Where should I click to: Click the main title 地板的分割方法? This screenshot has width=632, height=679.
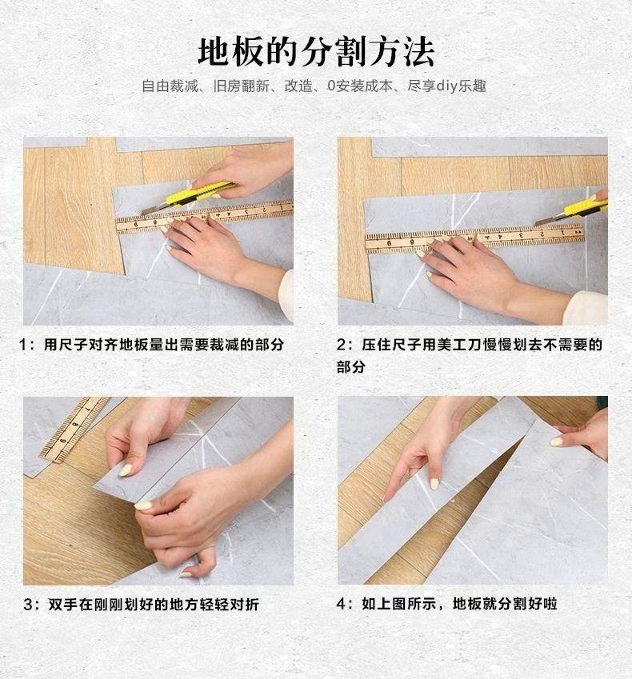316,53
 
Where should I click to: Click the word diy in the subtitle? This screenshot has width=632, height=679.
446,86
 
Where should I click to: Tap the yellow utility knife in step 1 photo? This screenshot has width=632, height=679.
190,198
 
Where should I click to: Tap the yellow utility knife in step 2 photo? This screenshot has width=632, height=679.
572,212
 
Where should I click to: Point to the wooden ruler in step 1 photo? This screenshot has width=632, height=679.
204,217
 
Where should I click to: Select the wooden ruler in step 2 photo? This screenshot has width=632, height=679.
474,238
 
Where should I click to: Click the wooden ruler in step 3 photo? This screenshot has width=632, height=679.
74,429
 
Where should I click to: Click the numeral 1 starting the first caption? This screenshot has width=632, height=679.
23,345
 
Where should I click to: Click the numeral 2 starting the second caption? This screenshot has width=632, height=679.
341,345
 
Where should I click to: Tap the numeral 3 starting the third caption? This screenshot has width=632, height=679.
28,605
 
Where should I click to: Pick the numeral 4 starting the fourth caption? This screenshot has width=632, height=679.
341,604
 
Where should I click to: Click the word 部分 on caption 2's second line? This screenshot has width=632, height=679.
351,367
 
